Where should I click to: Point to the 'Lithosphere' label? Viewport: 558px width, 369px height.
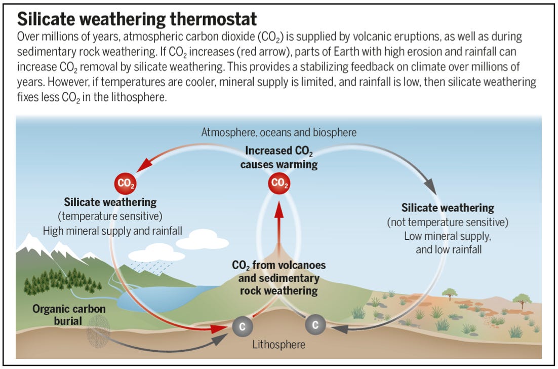pyautogui.click(x=279, y=345)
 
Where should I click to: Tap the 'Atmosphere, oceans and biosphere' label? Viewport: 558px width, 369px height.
pyautogui.click(x=279, y=132)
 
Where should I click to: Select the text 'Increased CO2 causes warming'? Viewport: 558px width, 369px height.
pyautogui.click(x=279, y=158)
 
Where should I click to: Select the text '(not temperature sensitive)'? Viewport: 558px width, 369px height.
pyautogui.click(x=448, y=222)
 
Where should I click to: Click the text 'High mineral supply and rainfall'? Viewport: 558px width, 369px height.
pyautogui.click(x=113, y=231)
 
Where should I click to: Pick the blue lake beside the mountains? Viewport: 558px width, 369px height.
pyautogui.click(x=152, y=297)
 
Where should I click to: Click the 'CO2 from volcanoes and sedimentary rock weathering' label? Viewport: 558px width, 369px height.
pyautogui.click(x=279, y=278)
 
